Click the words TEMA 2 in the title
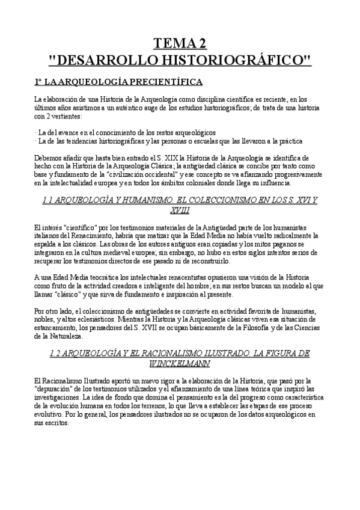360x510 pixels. [180, 43]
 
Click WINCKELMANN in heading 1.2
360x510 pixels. [180, 363]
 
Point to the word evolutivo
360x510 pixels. [52, 414]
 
